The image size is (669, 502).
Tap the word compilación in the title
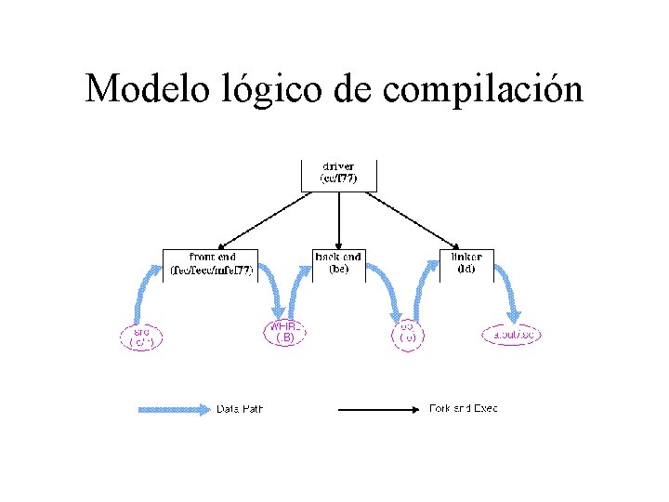point(483,90)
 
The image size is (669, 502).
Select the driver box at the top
point(339,173)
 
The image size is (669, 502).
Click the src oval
point(141,336)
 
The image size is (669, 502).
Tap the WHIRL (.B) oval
point(285,333)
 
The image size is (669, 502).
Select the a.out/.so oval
point(512,335)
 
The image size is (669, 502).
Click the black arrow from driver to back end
point(339,220)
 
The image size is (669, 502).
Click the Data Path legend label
point(239,408)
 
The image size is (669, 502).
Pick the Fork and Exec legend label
point(463,408)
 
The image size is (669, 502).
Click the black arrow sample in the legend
point(381,408)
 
